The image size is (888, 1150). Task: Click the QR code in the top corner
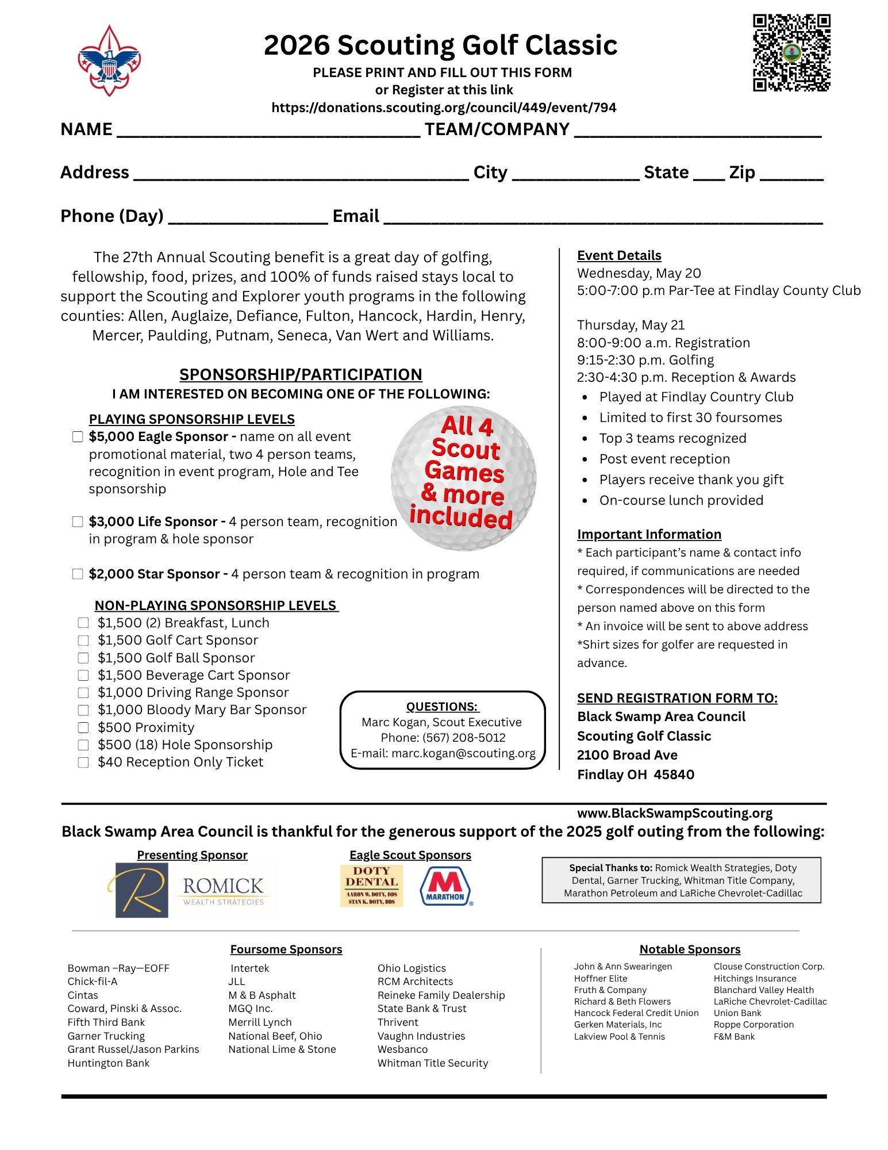[791, 52]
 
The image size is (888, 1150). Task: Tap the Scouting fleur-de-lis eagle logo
[109, 60]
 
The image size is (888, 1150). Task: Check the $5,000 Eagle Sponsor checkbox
[78, 437]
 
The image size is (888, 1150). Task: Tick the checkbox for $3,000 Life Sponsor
[78, 522]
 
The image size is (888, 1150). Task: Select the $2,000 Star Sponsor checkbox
[78, 574]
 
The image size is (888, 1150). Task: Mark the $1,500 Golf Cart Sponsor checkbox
[83, 641]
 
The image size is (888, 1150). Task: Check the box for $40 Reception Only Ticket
[83, 762]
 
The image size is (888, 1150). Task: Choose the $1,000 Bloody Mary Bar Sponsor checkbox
[83, 710]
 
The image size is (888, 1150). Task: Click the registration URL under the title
[444, 108]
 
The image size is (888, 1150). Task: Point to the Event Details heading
[619, 255]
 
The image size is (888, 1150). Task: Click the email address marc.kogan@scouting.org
[463, 753]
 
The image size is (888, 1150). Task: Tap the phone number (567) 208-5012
[464, 738]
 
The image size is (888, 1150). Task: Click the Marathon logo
[446, 886]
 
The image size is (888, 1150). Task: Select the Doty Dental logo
[371, 886]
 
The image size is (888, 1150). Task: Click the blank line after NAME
[268, 131]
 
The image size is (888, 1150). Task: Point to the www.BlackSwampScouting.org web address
[675, 813]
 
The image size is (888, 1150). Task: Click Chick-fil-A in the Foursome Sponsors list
[93, 982]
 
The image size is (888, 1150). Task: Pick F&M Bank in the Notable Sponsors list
[734, 1037]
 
